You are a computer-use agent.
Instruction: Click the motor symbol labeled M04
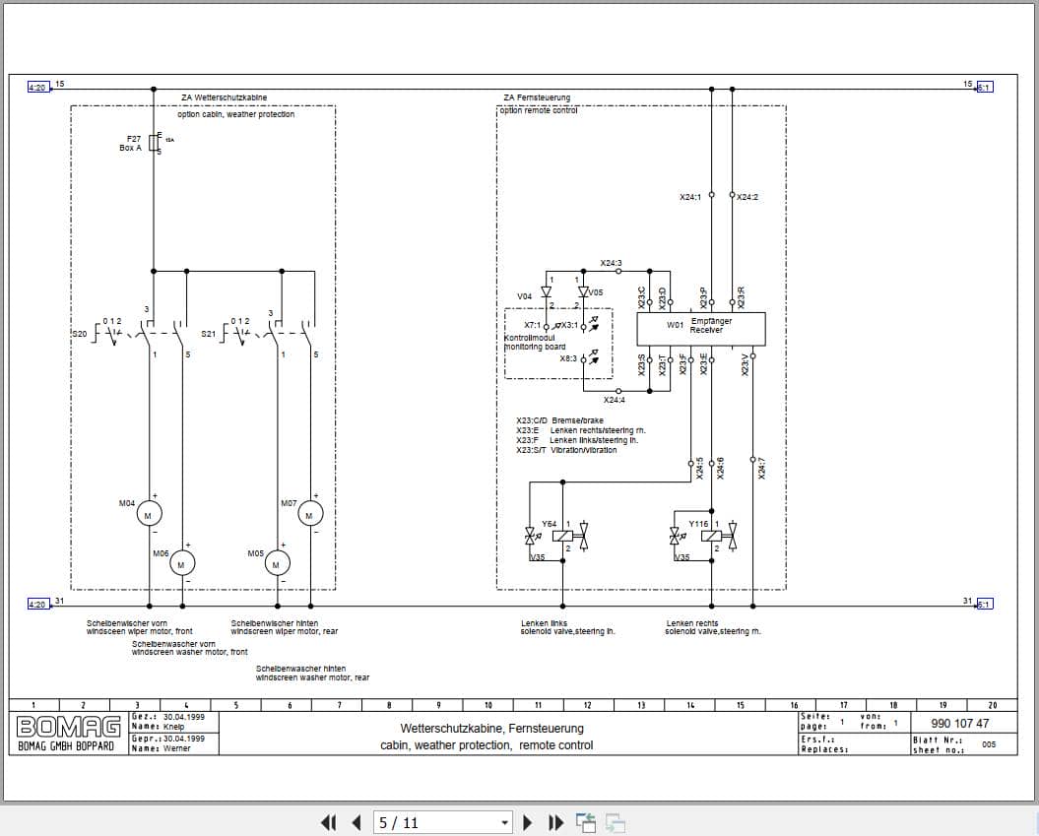point(149,514)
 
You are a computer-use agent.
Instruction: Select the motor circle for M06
point(182,562)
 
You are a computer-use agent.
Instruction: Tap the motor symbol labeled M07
point(310,514)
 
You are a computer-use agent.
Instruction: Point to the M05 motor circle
point(277,562)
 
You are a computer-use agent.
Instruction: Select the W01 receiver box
point(699,327)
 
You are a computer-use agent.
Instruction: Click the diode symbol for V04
point(547,291)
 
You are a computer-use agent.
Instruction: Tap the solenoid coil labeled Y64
point(562,536)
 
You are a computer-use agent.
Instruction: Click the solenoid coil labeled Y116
point(710,536)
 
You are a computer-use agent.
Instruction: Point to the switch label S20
point(80,334)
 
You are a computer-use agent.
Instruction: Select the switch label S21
point(208,334)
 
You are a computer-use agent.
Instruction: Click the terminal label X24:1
point(690,197)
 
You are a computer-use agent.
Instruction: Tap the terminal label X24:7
point(761,471)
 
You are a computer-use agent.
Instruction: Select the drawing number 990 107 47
point(959,724)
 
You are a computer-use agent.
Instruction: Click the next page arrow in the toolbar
point(528,822)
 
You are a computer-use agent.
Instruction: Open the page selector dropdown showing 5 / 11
point(444,822)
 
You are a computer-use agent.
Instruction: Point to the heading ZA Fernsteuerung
point(536,97)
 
